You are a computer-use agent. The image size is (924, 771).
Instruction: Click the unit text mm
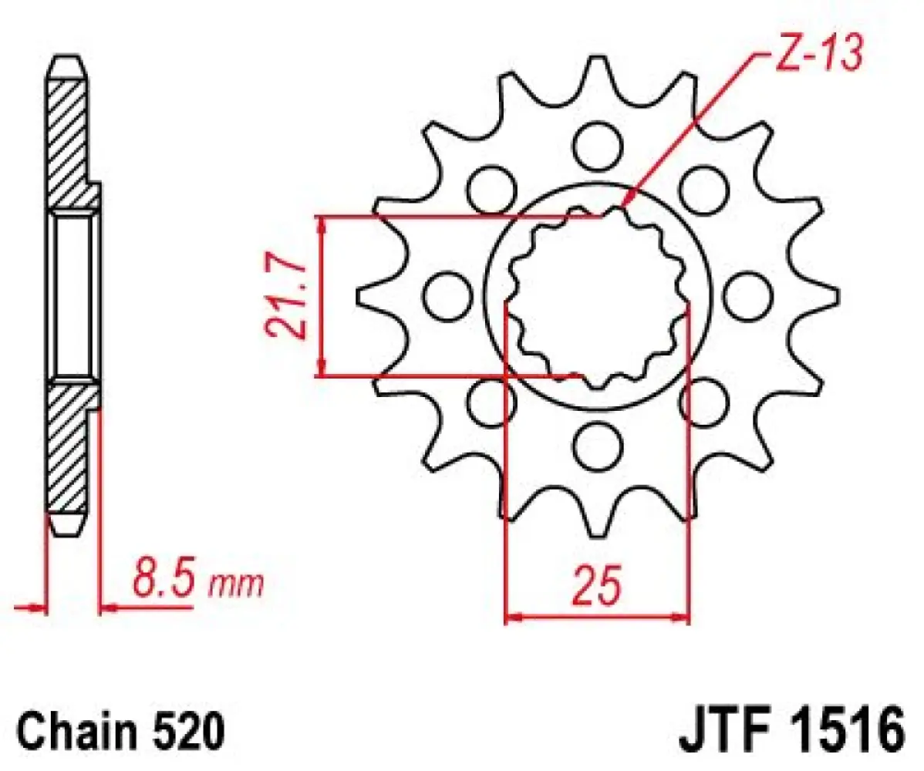(238, 586)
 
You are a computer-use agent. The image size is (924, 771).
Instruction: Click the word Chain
(73, 729)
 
